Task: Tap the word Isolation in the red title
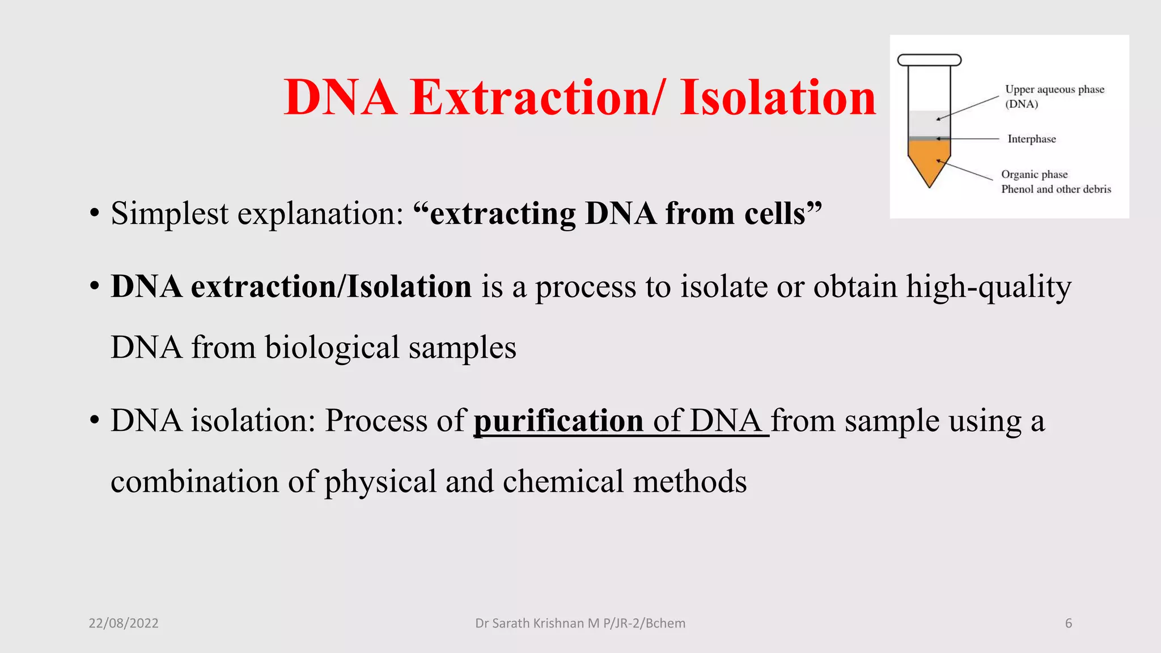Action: tap(778, 97)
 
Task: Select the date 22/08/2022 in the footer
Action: tap(124, 624)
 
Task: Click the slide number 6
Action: tap(1069, 624)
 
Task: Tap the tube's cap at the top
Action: tap(929, 60)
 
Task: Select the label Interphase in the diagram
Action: tap(1032, 139)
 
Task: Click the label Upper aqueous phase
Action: tap(1054, 90)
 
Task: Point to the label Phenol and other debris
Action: tap(1056, 189)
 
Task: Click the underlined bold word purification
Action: tap(558, 421)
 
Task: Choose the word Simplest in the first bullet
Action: tap(170, 214)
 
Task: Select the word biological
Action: tap(332, 347)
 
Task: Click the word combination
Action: tap(194, 482)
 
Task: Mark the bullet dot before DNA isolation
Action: tap(95, 422)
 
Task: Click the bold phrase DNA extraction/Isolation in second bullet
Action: tap(291, 287)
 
